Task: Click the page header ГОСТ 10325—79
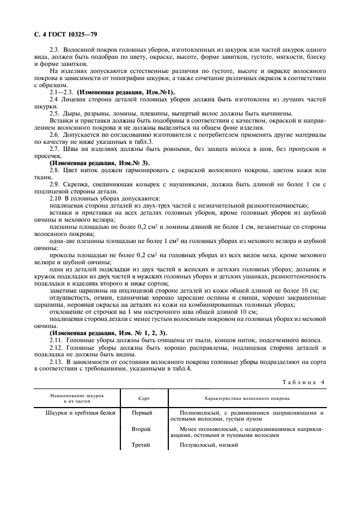pyautogui.click(x=50, y=35)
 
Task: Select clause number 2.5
pyautogui.click(x=54, y=113)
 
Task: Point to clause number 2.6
pyautogui.click(x=54, y=134)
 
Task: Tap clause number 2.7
pyautogui.click(x=54, y=149)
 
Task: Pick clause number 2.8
pyautogui.click(x=54, y=170)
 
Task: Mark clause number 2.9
pyautogui.click(x=54, y=185)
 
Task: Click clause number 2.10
pyautogui.click(x=56, y=199)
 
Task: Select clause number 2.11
pyautogui.click(x=56, y=339)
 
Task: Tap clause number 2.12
pyautogui.click(x=56, y=347)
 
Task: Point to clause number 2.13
pyautogui.click(x=56, y=361)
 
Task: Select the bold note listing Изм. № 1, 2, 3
pyautogui.click(x=108, y=332)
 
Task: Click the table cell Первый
pyautogui.click(x=142, y=413)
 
